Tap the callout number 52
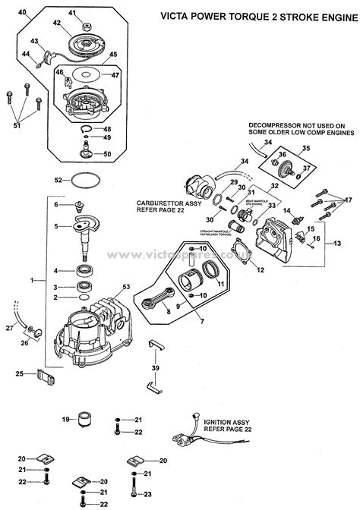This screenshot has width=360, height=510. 58,180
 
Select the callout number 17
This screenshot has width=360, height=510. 349,200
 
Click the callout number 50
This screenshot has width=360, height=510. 107,154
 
